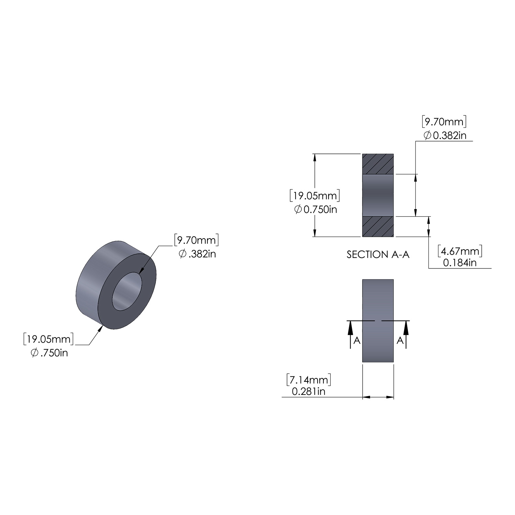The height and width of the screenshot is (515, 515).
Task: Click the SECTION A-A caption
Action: click(x=378, y=254)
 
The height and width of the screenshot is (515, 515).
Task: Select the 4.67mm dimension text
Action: click(x=460, y=251)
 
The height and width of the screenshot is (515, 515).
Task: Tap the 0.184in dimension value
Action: click(x=460, y=263)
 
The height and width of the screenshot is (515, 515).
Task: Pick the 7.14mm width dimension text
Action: click(x=309, y=380)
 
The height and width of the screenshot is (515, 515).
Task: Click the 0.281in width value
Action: click(x=308, y=391)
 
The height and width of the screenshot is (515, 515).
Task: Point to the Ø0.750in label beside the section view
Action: click(x=316, y=209)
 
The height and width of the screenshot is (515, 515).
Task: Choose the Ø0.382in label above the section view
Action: click(x=445, y=136)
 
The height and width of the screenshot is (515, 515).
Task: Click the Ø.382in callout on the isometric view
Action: click(x=197, y=254)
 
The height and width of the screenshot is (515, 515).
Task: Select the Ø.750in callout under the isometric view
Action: click(x=49, y=353)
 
